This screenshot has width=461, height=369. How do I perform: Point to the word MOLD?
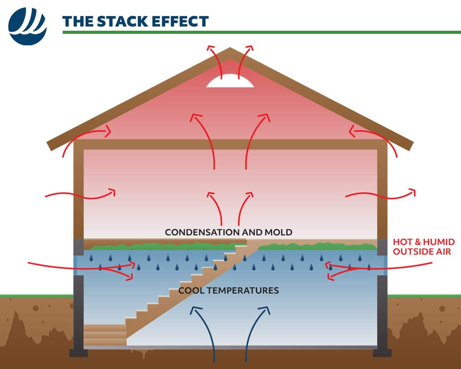[x=279, y=232]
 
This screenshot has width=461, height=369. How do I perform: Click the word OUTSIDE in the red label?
[x=413, y=252]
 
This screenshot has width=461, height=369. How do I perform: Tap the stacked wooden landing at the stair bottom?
[x=105, y=335]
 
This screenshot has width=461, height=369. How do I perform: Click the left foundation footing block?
[x=77, y=353]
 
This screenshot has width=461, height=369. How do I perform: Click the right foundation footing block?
[x=382, y=353]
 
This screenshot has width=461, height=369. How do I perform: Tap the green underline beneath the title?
[x=261, y=32]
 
